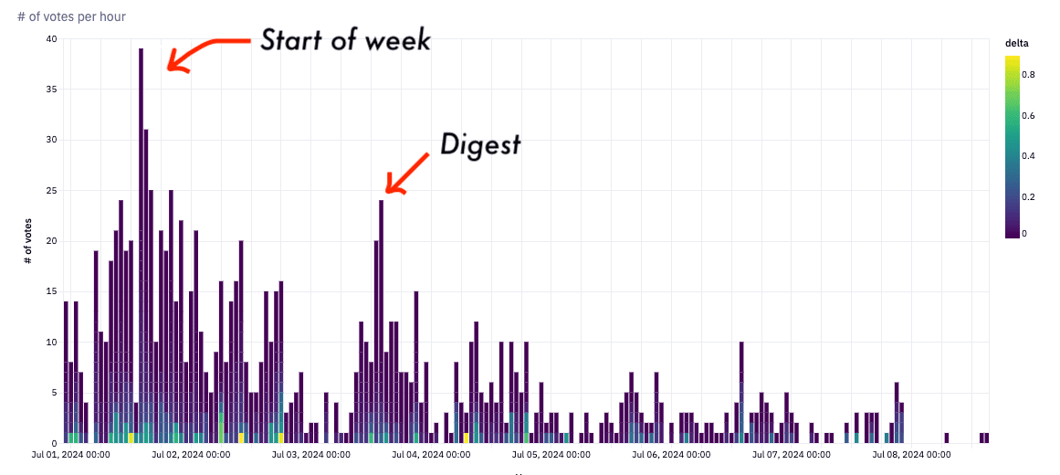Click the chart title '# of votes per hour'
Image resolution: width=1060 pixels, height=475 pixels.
point(71,16)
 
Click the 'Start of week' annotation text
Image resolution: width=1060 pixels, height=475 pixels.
point(344,40)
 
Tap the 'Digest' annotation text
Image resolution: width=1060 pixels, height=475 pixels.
point(480,144)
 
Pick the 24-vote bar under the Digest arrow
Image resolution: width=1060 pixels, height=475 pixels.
point(381,320)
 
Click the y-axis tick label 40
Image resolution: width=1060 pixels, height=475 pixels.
point(51,39)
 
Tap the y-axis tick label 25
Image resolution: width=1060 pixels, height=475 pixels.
point(51,191)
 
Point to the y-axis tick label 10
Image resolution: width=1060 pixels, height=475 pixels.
point(51,343)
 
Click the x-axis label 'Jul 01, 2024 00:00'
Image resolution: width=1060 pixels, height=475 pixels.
point(70,454)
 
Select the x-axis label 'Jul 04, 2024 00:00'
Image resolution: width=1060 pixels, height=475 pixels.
point(429,454)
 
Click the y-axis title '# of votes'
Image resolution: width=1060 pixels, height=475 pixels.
point(28,241)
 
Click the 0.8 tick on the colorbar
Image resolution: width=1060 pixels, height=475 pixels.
point(1028,75)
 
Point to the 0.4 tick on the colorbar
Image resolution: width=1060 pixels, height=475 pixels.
point(1028,155)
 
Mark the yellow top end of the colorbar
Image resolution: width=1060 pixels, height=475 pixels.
point(1012,59)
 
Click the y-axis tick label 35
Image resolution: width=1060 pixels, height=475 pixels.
point(51,90)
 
